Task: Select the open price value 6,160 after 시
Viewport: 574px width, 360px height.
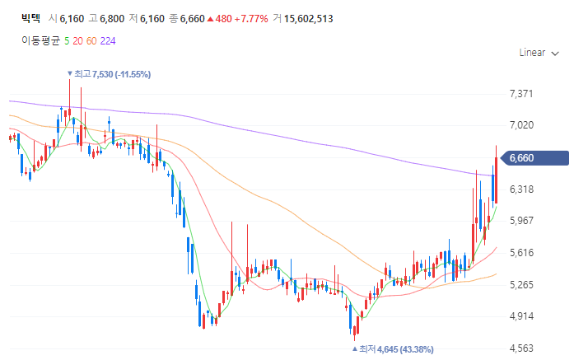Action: [x=73, y=18]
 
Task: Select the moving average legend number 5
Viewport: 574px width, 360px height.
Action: [x=67, y=40]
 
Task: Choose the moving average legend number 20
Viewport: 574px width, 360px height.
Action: [x=77, y=40]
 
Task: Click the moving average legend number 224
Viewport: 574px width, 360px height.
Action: [x=108, y=40]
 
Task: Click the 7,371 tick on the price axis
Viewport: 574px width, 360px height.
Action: [x=522, y=94]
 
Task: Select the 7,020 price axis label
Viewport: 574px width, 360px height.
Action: [x=522, y=125]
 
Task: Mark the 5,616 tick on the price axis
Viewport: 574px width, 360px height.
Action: [x=522, y=253]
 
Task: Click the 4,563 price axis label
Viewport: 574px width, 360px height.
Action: [x=522, y=348]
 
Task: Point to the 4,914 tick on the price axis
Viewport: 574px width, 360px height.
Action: [x=522, y=316]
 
